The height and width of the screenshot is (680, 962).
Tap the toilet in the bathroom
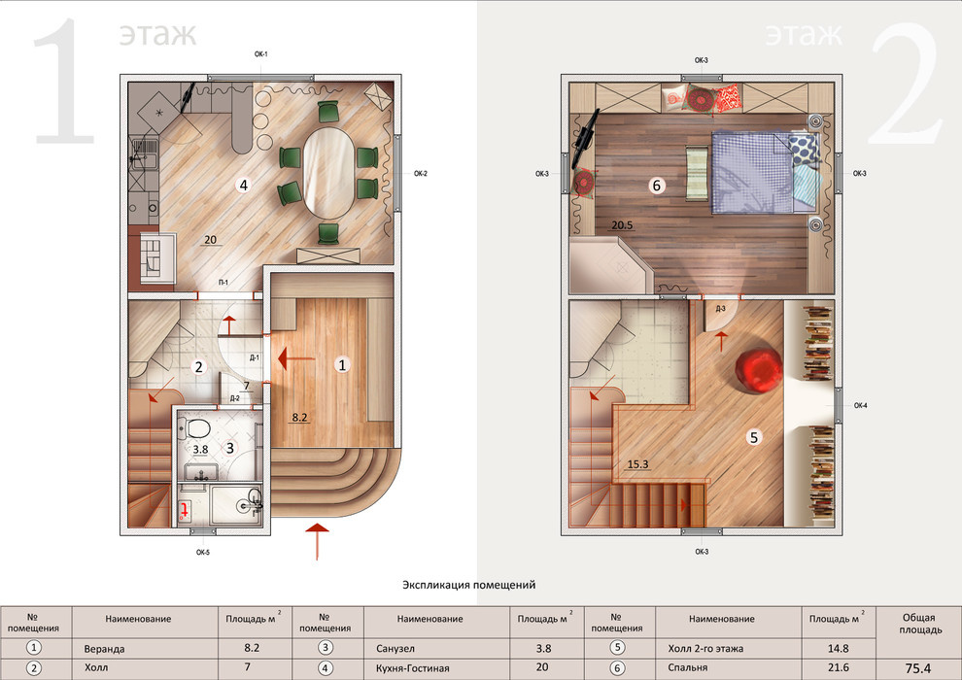pos(194,426)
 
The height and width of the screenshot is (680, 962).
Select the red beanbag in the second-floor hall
pos(760,371)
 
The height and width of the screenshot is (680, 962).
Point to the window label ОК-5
pos(203,553)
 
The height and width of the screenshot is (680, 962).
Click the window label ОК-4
pos(861,406)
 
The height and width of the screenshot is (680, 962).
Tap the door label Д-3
pos(720,308)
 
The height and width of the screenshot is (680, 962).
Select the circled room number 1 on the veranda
pos(342,365)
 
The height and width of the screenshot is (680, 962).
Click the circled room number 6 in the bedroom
pos(657,186)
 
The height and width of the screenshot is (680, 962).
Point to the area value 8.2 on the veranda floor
pos(299,418)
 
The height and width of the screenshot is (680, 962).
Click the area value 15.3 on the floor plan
pos(638,464)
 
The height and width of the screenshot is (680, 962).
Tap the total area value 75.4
pos(918,668)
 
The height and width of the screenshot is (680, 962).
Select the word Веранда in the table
pos(104,649)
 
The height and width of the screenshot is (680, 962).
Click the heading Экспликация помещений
pos(468,585)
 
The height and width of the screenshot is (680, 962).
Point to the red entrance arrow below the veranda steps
pos(317,541)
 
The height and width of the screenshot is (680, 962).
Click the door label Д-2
pos(235,398)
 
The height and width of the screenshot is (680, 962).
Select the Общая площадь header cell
pos(918,625)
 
